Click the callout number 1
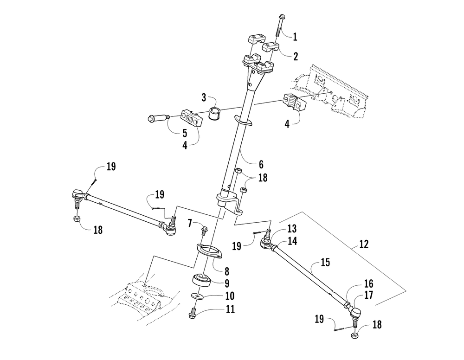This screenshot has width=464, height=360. pyautogui.click(x=295, y=37)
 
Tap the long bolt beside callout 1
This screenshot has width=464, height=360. pyautogui.click(x=279, y=26)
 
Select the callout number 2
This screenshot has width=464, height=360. pyautogui.click(x=296, y=56)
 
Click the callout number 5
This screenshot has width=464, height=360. pyautogui.click(x=185, y=133)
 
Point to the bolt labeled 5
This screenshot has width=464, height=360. pyautogui.click(x=158, y=119)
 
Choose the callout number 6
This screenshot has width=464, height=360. pyautogui.click(x=261, y=165)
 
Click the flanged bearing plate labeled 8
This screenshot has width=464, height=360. pyautogui.click(x=210, y=252)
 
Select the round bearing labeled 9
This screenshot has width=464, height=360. pyautogui.click(x=202, y=280)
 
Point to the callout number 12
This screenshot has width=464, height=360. pyautogui.click(x=364, y=244)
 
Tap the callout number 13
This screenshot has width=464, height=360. pyautogui.click(x=292, y=229)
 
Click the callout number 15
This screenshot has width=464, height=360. pyautogui.click(x=325, y=263)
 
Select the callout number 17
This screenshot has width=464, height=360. pyautogui.click(x=369, y=295)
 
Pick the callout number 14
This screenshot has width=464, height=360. pyautogui.click(x=292, y=241)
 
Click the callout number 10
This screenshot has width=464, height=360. pyautogui.click(x=230, y=296)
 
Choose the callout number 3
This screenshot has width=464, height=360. pyautogui.click(x=204, y=98)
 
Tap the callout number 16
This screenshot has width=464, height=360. pyautogui.click(x=368, y=284)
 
